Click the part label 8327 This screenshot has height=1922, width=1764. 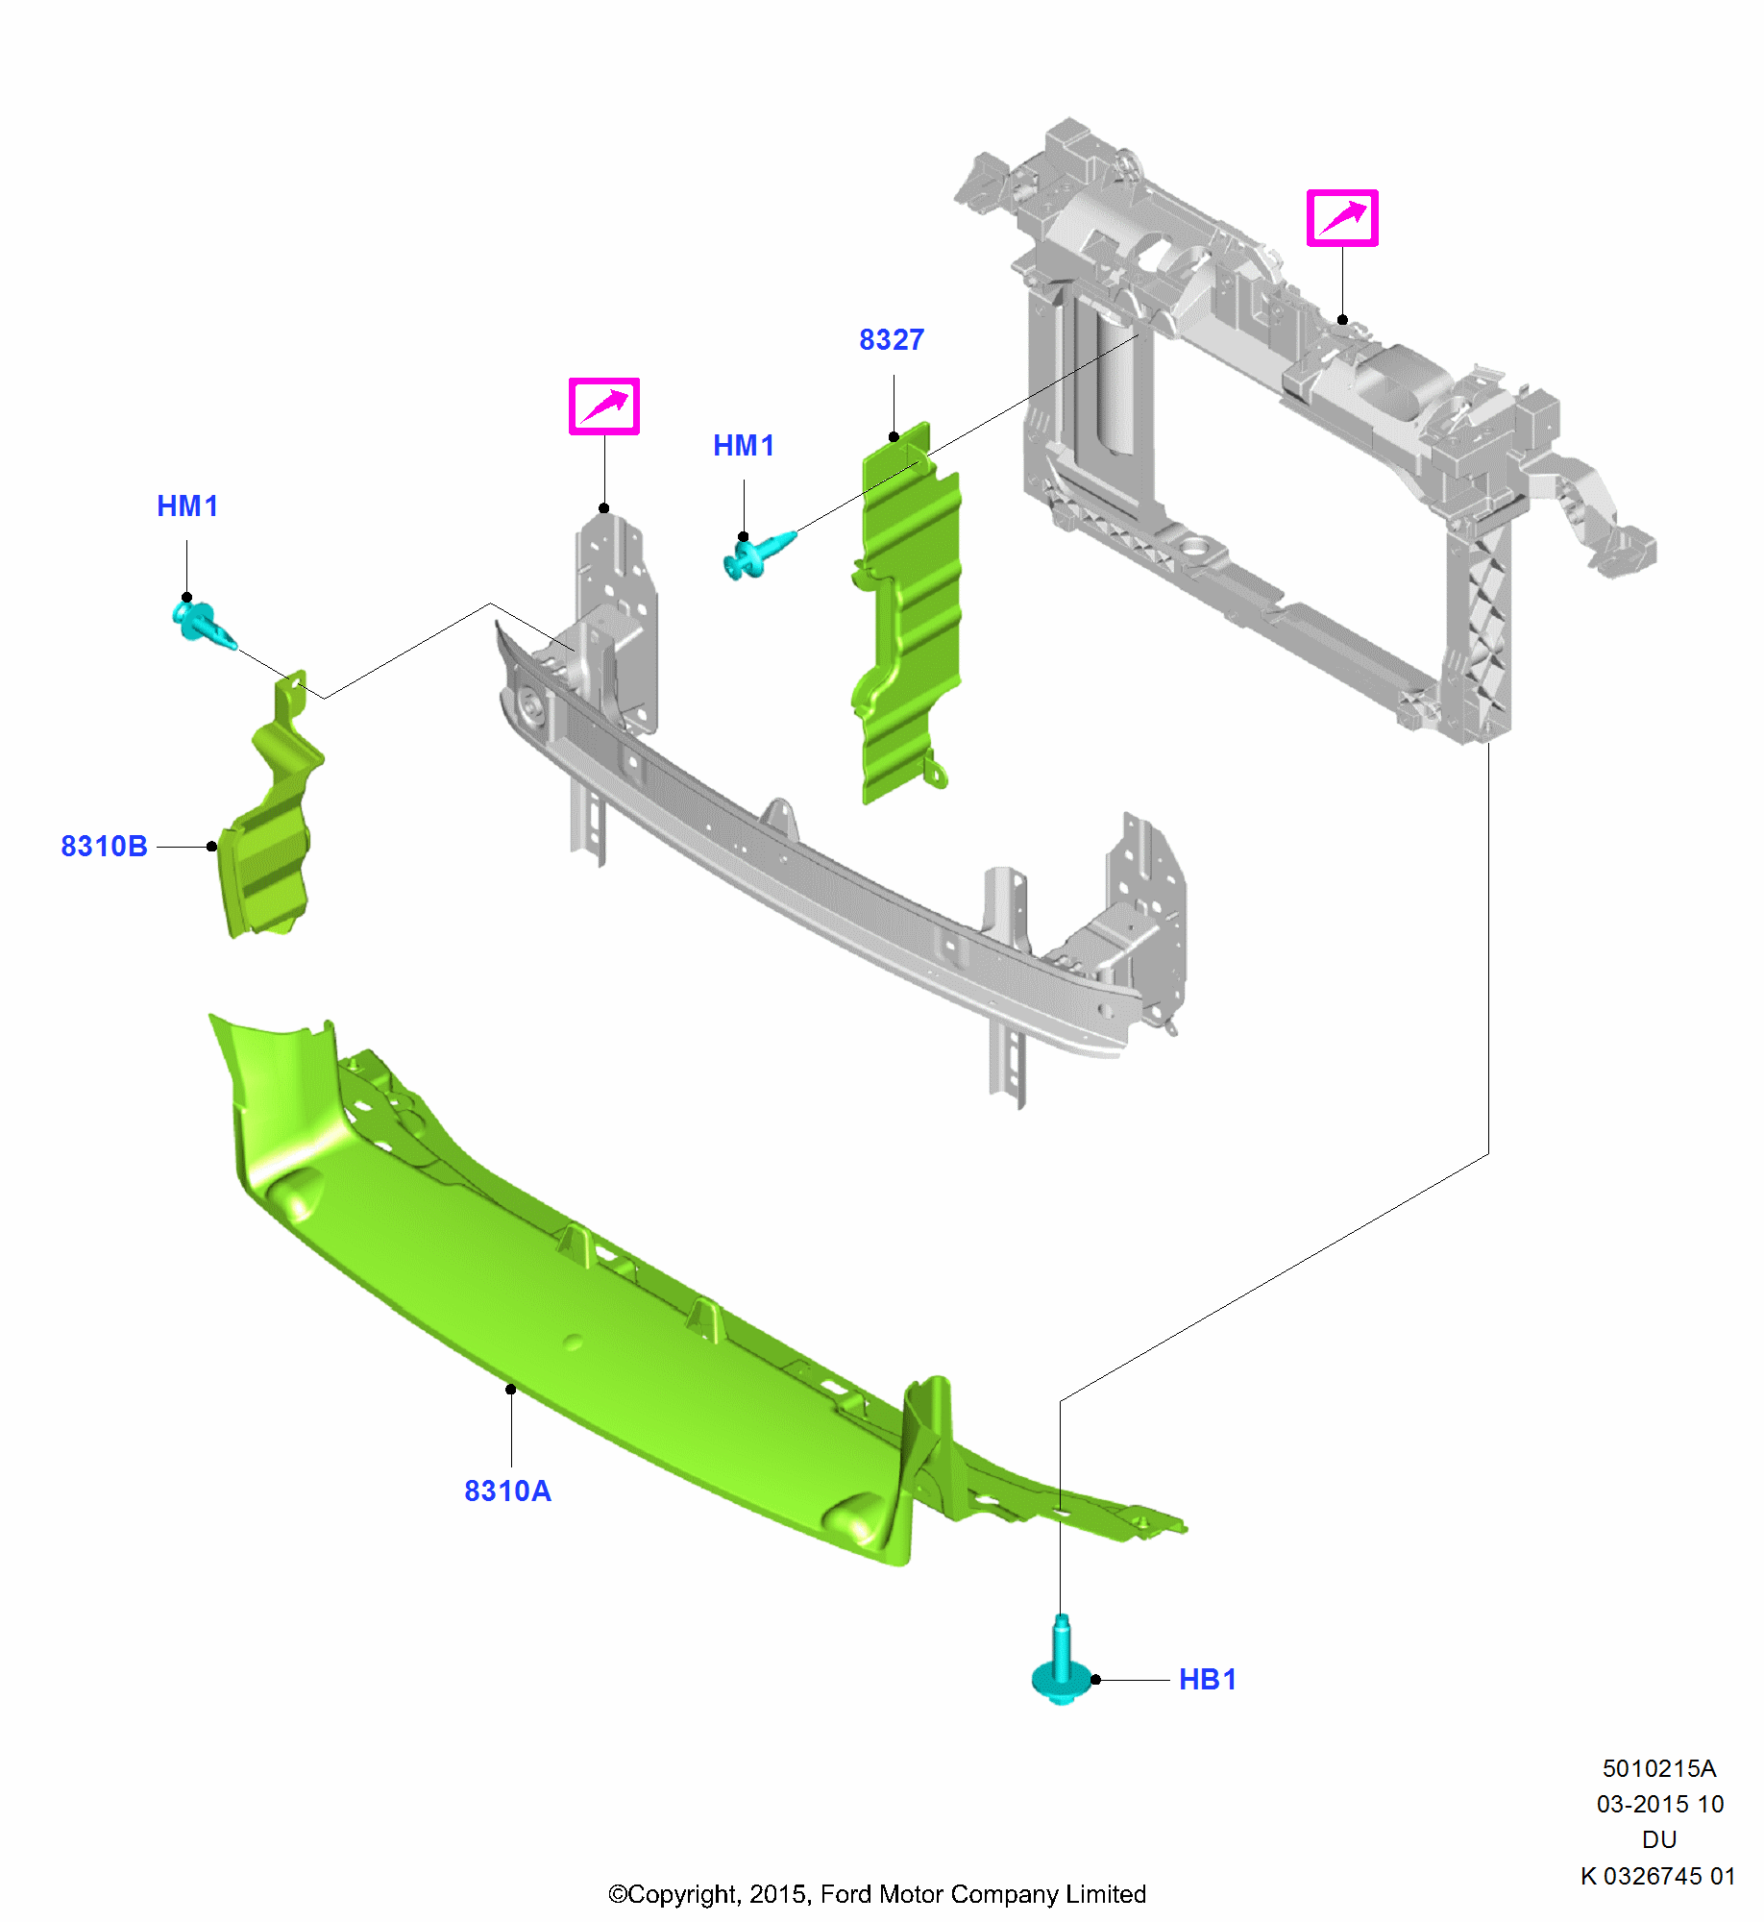(x=891, y=340)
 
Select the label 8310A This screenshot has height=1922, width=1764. (x=507, y=1491)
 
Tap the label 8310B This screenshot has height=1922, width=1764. (x=104, y=846)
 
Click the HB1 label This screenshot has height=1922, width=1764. (x=1207, y=1679)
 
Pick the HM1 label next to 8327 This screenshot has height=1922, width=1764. (x=743, y=446)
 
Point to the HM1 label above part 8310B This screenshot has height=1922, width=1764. (x=187, y=506)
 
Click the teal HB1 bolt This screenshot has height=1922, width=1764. (x=1061, y=1667)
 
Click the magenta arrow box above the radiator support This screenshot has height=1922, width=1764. (x=1341, y=218)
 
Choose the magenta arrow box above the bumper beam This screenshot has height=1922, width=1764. (x=603, y=407)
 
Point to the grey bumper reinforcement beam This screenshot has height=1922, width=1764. (x=817, y=865)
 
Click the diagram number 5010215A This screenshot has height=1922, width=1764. (x=1658, y=1768)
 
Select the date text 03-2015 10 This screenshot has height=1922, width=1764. (x=1659, y=1804)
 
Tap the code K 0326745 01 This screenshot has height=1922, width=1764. (x=1657, y=1876)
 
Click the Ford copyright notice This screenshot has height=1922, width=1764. (x=876, y=1894)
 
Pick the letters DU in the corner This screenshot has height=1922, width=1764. (x=1659, y=1839)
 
